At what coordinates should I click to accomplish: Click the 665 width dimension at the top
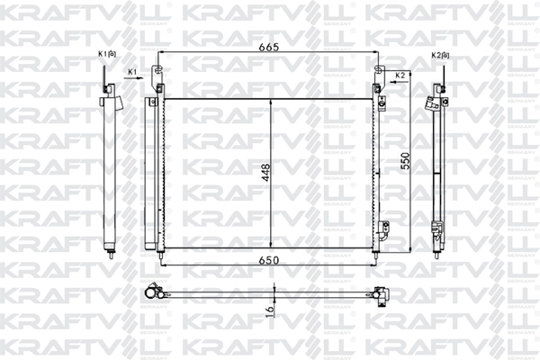pos(266,48)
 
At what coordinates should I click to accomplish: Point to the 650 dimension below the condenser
pos(265,260)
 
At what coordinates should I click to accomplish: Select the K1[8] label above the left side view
pos(106,55)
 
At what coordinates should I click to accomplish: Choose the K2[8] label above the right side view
pos(440,55)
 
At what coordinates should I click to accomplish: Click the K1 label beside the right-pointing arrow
pos(131,70)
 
